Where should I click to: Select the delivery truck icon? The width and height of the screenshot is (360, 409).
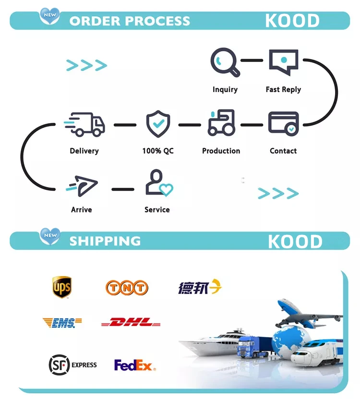click(85, 124)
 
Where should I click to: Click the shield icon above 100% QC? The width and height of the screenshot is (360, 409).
click(158, 124)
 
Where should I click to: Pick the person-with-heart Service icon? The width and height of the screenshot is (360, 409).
click(158, 183)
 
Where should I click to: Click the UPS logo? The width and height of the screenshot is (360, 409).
click(61, 287)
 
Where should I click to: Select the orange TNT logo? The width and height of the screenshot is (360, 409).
click(127, 288)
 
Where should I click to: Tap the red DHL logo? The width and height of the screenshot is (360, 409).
click(131, 323)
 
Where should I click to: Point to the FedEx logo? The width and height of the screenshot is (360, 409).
click(135, 365)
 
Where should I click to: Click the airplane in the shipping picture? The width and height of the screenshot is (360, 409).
click(307, 314)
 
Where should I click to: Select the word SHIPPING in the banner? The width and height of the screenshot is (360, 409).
click(105, 241)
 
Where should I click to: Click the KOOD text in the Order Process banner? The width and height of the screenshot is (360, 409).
click(292, 21)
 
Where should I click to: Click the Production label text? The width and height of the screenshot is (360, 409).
click(221, 151)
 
